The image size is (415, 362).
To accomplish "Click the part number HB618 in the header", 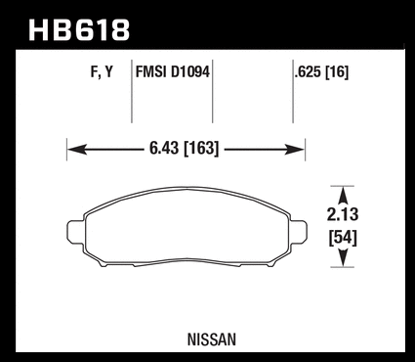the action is (79, 30).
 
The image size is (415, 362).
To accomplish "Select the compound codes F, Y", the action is (102, 72).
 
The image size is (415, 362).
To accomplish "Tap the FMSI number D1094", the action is (190, 71).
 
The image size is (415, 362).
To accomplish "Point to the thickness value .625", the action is (308, 72).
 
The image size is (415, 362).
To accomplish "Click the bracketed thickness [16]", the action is (337, 72).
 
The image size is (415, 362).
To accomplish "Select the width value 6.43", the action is (164, 149).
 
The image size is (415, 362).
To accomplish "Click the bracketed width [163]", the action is (201, 149).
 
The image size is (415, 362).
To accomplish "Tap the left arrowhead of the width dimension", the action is (77, 150).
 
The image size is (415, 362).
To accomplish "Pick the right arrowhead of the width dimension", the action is (294, 150).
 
